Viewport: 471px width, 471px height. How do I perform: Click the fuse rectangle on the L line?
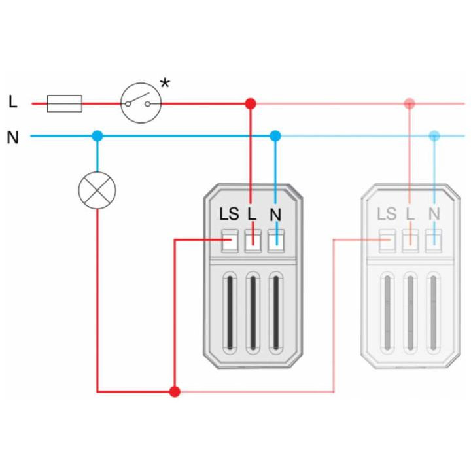[x=65, y=103]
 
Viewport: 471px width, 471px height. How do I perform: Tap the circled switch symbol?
[x=141, y=103]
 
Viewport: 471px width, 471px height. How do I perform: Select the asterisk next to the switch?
[x=165, y=82]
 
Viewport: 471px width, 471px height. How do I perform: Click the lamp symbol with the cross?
[x=97, y=190]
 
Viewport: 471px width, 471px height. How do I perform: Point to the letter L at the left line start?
[x=12, y=101]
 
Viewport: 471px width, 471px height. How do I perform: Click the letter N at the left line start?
[x=12, y=137]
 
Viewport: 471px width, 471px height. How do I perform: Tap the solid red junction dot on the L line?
[x=251, y=103]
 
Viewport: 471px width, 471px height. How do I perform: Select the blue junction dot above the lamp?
[x=97, y=136]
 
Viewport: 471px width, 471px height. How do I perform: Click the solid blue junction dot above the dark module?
[x=275, y=136]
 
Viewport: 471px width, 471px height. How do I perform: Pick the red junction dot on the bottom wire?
[x=175, y=392]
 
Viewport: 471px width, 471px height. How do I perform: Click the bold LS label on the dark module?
[x=229, y=214]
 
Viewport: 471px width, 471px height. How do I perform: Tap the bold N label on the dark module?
[x=275, y=215]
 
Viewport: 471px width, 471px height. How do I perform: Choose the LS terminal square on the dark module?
[x=230, y=241]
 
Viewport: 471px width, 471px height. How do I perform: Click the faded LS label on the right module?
[x=387, y=214]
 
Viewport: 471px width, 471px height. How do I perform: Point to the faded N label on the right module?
[x=434, y=214]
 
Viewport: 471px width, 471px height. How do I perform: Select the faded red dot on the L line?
[x=410, y=103]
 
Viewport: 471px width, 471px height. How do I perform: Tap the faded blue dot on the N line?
[x=434, y=136]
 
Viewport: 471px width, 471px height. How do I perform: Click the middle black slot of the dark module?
[x=253, y=313]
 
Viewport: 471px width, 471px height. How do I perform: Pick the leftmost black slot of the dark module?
[x=230, y=313]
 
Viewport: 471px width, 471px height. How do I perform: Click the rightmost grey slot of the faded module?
[x=433, y=313]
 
